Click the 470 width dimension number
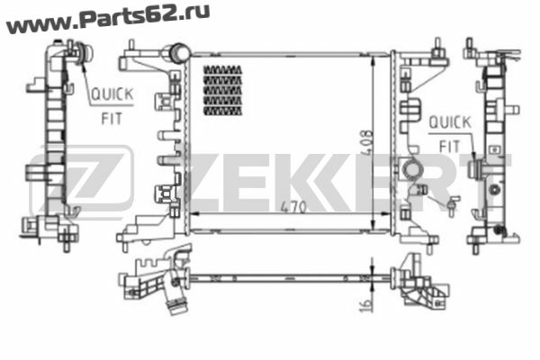coord(293,207)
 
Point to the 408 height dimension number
coord(367,143)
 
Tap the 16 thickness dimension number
coord(366,305)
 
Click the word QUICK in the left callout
coord(112,94)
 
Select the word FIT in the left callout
coord(112,119)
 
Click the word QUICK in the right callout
coord(450,122)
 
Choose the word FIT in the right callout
coord(450,147)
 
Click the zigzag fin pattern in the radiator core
coord(223,90)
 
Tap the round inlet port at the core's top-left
coord(179,53)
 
